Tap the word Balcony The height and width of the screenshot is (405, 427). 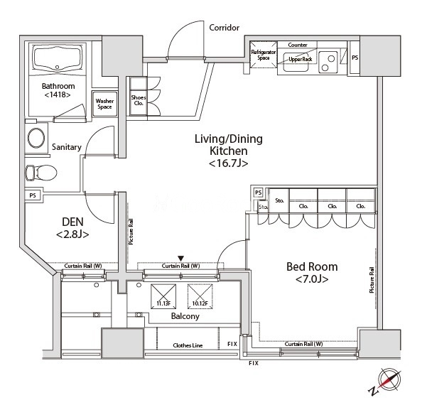(x=184, y=317)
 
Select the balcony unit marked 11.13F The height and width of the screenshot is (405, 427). (x=164, y=295)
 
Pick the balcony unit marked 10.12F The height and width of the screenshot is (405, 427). (x=200, y=295)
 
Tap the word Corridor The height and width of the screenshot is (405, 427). (x=224, y=28)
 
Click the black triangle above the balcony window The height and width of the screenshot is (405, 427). (x=180, y=258)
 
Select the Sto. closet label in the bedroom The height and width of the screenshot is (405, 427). (x=280, y=201)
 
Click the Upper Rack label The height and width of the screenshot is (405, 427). (x=298, y=60)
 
